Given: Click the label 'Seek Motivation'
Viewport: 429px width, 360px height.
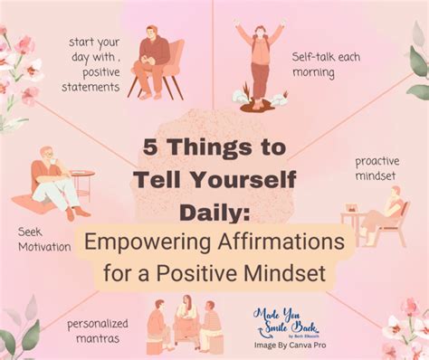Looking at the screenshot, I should [x=43, y=239].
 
